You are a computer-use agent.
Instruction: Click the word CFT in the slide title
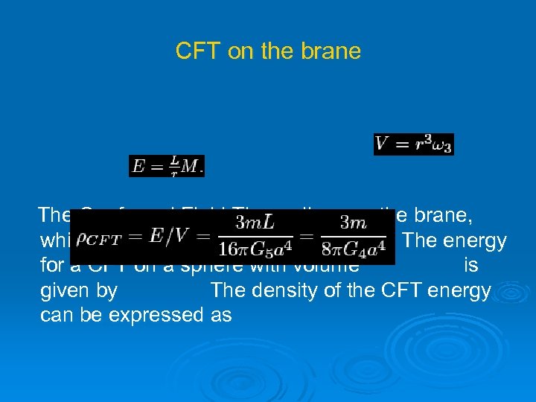(194, 51)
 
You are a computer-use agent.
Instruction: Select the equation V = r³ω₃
(413, 144)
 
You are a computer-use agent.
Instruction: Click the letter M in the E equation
(191, 166)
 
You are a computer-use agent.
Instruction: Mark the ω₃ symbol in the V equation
(441, 145)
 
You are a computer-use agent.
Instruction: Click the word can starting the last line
(56, 315)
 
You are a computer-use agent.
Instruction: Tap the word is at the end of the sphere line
(470, 266)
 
